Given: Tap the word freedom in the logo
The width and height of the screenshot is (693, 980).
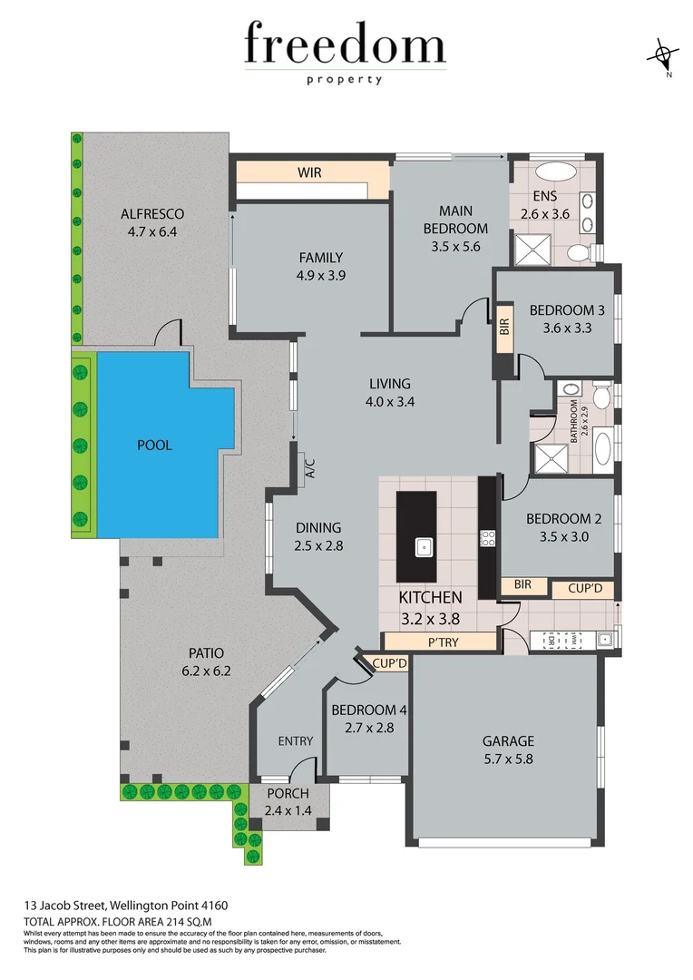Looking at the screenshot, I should click(x=345, y=45).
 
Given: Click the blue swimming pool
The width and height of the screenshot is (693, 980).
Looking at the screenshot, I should click(x=154, y=445).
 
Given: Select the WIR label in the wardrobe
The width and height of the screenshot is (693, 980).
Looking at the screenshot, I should click(x=309, y=171).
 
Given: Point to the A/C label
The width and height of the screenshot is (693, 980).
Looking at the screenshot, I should click(x=309, y=468).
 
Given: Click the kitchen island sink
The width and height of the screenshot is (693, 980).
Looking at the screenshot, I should click(x=423, y=546).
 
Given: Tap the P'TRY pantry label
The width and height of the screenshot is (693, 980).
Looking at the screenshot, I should click(x=439, y=642).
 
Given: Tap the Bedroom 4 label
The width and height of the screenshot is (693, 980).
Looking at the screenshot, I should click(x=363, y=710).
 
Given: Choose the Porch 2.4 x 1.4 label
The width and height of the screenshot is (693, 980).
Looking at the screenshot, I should click(x=288, y=802).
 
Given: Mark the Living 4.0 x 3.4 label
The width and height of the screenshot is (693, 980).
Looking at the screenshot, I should click(x=389, y=392).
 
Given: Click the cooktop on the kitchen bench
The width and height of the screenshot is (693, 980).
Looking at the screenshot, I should click(x=487, y=538).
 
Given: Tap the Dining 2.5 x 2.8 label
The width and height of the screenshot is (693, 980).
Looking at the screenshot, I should click(x=317, y=536).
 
